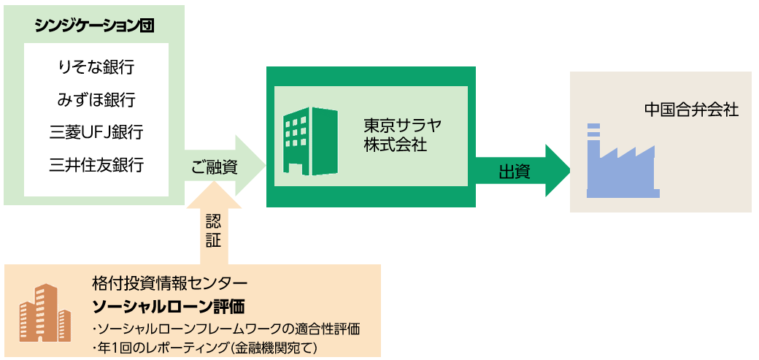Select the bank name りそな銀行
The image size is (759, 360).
click(96, 67)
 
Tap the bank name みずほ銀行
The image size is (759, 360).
click(96, 100)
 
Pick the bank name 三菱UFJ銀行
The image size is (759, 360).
click(96, 133)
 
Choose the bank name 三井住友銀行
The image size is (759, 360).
click(96, 165)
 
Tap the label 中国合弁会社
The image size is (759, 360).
click(690, 110)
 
